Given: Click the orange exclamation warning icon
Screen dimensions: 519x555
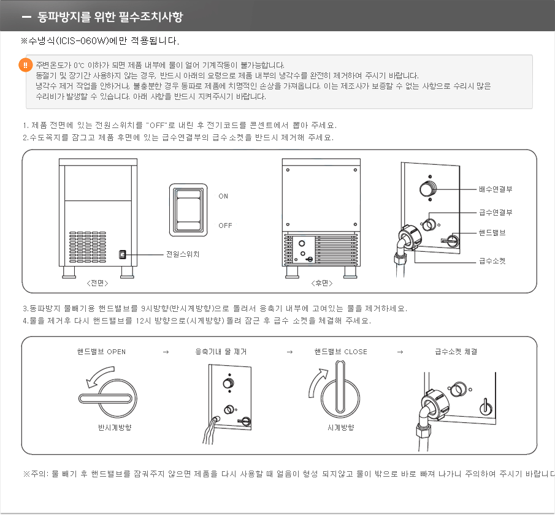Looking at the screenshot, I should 26,65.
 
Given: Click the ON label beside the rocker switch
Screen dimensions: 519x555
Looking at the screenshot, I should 223,197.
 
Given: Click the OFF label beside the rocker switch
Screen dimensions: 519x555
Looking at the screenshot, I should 225,226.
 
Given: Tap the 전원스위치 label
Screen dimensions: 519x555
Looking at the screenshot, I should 183,254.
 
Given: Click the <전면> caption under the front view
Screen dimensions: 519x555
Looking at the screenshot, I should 97,283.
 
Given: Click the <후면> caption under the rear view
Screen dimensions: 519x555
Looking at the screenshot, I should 321,283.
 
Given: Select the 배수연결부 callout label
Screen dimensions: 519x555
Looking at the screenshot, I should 496,189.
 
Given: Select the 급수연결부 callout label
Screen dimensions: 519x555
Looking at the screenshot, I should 496,213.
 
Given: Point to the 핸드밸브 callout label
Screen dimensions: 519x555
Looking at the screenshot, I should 492,233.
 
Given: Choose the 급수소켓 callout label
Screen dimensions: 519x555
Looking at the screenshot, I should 492,260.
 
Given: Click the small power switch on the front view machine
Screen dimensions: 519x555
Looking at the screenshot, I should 122,254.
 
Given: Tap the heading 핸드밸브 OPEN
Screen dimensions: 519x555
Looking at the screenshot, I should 101,352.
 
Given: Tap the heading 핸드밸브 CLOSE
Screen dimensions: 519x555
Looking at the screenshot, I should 340,352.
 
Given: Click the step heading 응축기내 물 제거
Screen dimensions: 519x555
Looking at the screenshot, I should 221,352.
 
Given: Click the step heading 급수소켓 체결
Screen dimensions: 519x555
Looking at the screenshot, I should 456,352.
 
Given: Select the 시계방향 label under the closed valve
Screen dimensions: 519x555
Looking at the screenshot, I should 340,428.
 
